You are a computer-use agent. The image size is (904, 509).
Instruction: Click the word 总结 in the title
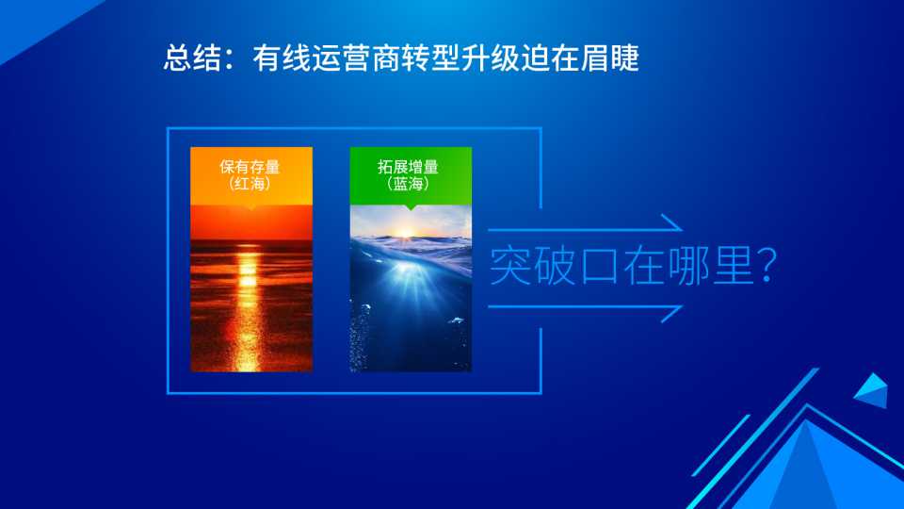click(192, 57)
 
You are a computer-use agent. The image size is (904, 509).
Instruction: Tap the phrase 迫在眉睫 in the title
click(581, 57)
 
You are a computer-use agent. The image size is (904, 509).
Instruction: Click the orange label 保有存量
click(250, 167)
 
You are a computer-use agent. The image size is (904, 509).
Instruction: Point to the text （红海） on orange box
click(250, 184)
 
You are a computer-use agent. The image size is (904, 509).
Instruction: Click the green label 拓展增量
click(408, 167)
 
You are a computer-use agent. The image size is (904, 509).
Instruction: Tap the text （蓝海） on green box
click(408, 184)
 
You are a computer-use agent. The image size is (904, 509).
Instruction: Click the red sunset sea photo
click(251, 288)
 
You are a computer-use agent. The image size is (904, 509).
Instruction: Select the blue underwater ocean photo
click(411, 288)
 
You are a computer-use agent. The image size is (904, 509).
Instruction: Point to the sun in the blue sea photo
click(405, 233)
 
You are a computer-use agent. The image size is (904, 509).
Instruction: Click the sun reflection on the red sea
click(249, 305)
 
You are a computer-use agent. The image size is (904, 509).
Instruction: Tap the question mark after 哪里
click(767, 266)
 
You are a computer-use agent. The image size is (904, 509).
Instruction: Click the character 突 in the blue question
click(510, 266)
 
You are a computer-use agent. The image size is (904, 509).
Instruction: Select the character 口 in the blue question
click(600, 267)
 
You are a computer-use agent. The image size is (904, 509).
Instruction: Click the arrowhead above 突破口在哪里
click(671, 222)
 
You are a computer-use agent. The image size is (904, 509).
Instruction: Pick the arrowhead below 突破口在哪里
click(671, 313)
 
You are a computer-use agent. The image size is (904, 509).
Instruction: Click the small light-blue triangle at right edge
click(872, 390)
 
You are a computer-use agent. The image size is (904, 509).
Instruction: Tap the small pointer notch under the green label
click(411, 207)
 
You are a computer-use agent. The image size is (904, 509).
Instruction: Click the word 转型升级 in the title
click(461, 57)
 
